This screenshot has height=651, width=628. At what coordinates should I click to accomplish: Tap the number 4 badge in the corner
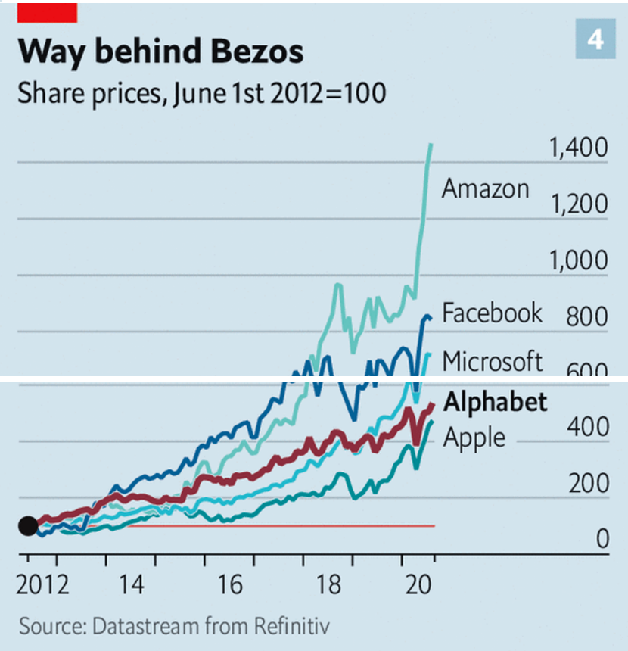(595, 39)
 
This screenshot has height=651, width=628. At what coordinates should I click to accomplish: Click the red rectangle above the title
(47, 12)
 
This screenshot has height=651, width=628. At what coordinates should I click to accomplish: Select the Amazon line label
(485, 188)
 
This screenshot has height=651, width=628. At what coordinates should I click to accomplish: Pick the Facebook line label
(492, 313)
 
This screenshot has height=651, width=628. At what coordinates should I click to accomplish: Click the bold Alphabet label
(495, 402)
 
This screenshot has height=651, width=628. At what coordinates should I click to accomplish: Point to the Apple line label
(474, 437)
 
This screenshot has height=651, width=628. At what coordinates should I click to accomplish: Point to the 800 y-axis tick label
(587, 317)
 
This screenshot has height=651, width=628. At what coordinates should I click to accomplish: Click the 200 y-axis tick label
(587, 484)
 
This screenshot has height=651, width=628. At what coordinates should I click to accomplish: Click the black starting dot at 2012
(27, 525)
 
